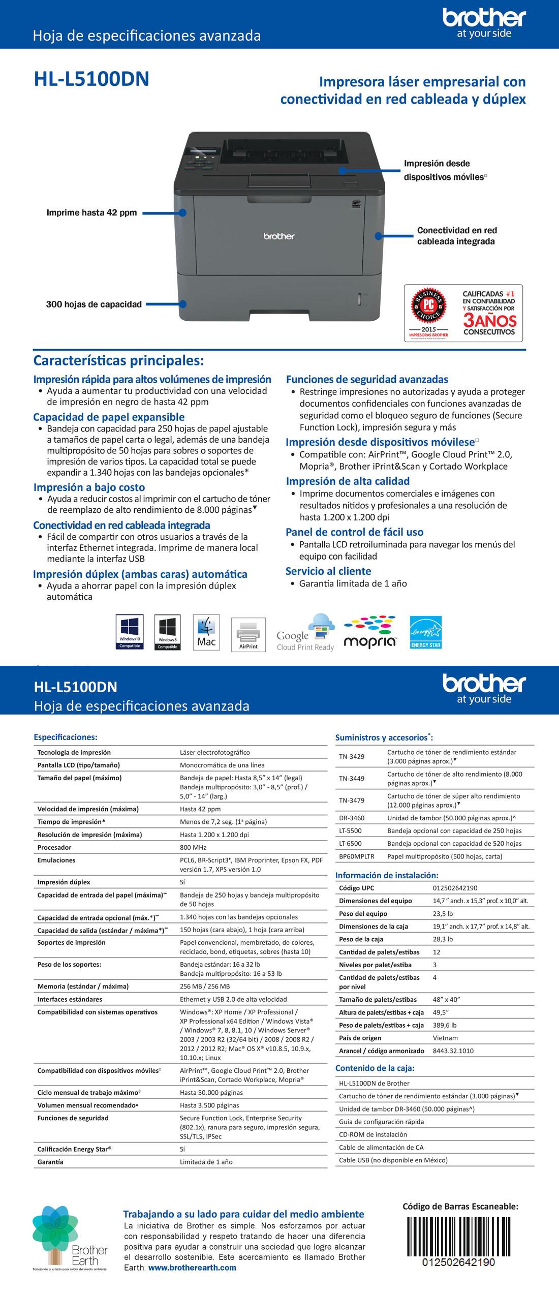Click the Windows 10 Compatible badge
(130, 632)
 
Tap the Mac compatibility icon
(206, 632)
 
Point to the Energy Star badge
(426, 632)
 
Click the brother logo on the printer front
(278, 236)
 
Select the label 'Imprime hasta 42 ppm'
(91, 212)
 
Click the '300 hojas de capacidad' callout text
(94, 304)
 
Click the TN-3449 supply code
(352, 778)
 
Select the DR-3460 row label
(352, 818)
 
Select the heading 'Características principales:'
(118, 361)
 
